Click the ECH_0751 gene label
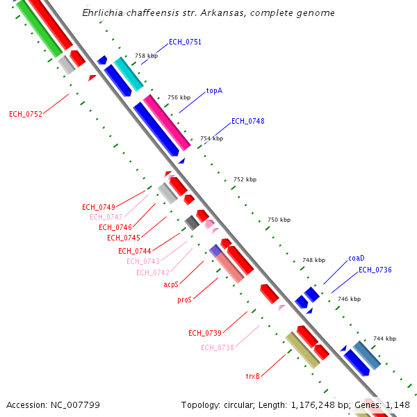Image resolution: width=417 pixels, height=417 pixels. tap(185, 42)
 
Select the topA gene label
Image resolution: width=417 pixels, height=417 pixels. tap(214, 91)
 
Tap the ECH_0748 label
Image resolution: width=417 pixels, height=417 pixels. tap(247, 121)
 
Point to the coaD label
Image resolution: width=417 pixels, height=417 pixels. tap(356, 258)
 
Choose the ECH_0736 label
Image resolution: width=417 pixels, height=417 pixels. tap(375, 270)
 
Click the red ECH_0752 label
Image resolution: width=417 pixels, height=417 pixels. tap(26, 114)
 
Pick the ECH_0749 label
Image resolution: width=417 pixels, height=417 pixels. tap(99, 207)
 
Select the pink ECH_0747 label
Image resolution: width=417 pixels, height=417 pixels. tap(106, 217)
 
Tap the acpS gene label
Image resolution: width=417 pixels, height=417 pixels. tap(171, 284)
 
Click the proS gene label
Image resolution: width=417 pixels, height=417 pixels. tap(184, 300)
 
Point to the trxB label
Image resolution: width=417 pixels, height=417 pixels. tap(252, 376)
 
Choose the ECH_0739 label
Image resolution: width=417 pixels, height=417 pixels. tap(205, 333)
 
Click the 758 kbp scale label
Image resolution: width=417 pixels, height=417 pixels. tap(146, 56)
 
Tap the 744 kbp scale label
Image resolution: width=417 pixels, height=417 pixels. tap(384, 338)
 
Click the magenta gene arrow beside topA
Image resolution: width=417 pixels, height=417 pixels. tap(167, 122)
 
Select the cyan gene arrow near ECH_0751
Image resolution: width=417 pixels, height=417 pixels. tap(129, 74)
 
